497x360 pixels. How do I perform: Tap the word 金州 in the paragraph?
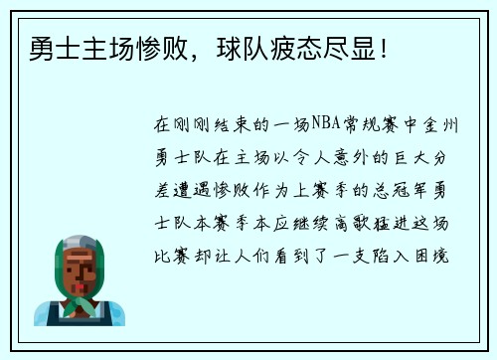point(446,124)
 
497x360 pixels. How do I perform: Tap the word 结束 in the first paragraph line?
point(230,124)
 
